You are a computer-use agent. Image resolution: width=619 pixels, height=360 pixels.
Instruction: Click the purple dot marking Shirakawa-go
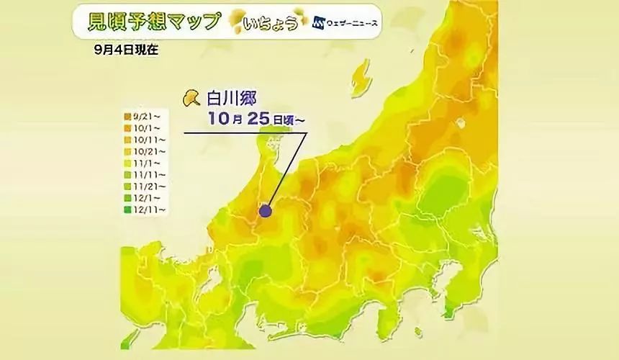tap(266, 211)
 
